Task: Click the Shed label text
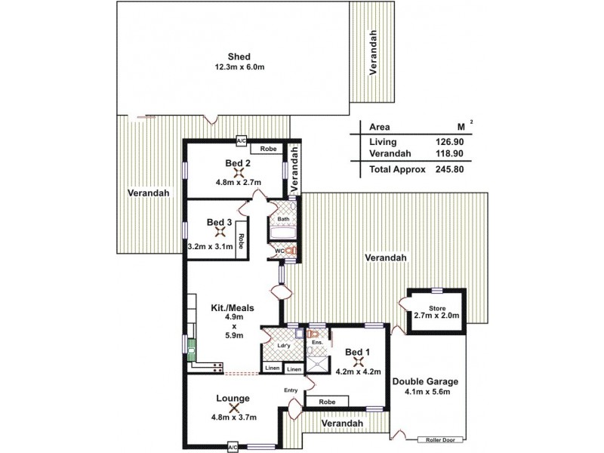(240, 56)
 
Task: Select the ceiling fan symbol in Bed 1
(358, 362)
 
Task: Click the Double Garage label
(425, 381)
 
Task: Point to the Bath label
(283, 220)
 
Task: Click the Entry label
(291, 390)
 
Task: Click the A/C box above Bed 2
(241, 140)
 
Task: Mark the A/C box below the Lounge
(233, 447)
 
